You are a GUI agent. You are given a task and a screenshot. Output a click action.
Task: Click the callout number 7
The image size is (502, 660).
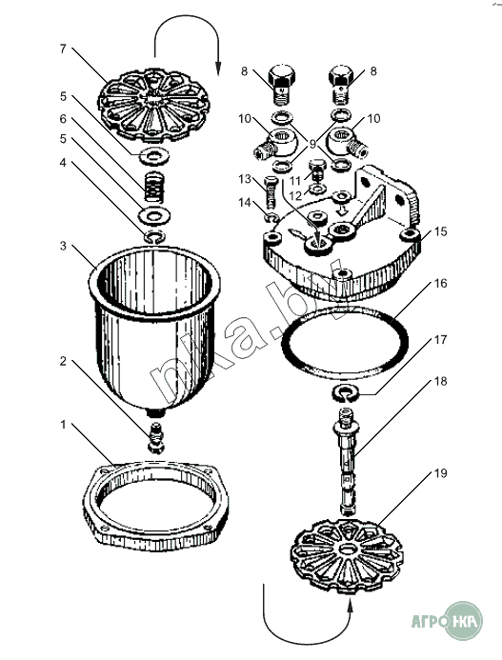click(x=63, y=50)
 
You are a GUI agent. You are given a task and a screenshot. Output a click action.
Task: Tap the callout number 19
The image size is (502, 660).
click(x=440, y=473)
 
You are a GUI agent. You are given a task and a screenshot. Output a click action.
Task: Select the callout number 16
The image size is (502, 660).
click(x=440, y=284)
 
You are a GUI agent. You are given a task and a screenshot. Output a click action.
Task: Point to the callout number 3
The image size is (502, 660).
click(x=63, y=246)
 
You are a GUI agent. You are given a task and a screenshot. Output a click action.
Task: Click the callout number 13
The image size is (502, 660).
click(x=245, y=179)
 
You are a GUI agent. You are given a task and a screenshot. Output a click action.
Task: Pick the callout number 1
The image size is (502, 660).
click(x=63, y=425)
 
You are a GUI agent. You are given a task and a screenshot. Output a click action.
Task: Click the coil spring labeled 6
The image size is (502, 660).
click(x=154, y=188)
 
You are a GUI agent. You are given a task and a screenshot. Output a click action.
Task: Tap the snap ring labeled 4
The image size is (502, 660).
click(x=154, y=238)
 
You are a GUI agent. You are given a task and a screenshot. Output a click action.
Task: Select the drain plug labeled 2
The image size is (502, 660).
click(x=156, y=437)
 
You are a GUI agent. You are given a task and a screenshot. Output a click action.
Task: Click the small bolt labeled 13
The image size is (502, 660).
click(x=271, y=191)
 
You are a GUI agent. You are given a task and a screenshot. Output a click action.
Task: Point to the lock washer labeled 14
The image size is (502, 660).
click(x=271, y=218)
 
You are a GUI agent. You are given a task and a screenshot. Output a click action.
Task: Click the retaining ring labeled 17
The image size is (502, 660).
click(x=345, y=393)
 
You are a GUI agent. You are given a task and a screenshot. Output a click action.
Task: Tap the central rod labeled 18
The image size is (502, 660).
click(x=346, y=461)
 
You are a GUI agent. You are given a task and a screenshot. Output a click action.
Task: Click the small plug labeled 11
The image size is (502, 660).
click(x=318, y=170)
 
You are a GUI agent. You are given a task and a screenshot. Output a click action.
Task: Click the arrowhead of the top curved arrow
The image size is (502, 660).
click(x=218, y=69)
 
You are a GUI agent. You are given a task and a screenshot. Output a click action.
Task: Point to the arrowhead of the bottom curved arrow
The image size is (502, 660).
click(x=351, y=604)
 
